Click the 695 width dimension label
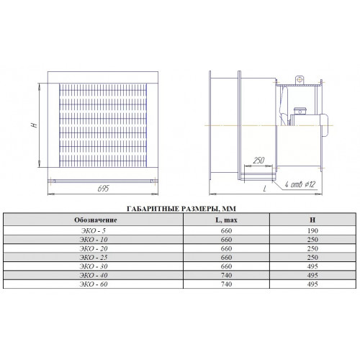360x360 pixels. [103, 189]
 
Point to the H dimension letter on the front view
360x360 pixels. [35, 125]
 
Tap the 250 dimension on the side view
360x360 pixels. [258, 160]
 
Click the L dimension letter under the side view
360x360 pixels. [265, 189]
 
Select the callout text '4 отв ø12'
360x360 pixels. [300, 184]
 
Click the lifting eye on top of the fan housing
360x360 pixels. [300, 80]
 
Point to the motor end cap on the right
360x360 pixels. [324, 125]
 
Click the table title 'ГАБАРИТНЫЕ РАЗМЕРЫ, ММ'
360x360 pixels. [181, 209]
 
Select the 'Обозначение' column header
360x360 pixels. [96, 220]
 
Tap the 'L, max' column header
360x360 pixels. [226, 220]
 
